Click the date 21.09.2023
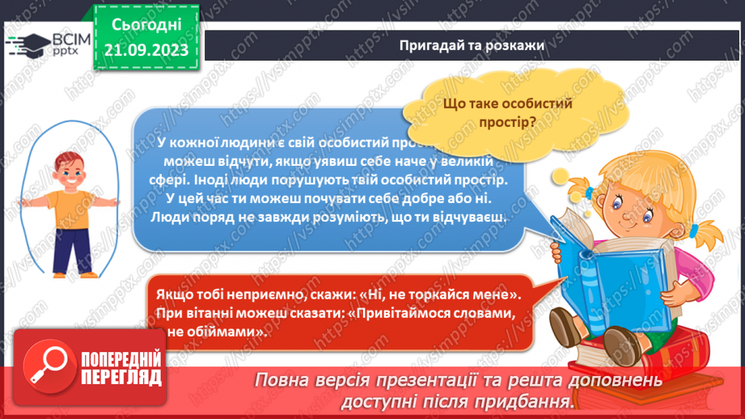[145, 49]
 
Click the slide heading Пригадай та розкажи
[472, 45]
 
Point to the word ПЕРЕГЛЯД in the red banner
[121, 377]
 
